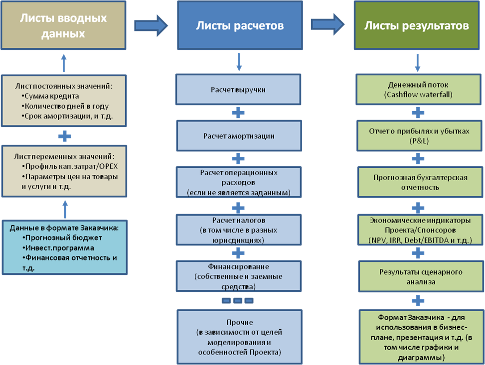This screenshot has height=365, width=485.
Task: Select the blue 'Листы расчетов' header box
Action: pos(239,26)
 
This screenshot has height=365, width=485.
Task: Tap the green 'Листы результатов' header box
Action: pos(417,26)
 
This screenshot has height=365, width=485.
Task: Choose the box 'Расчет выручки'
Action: pos(238,90)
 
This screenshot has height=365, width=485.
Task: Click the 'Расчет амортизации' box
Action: pos(238,135)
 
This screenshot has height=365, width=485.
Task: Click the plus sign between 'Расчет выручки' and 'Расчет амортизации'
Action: pos(238,113)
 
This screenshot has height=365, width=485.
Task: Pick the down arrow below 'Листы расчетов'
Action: pos(239,61)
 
